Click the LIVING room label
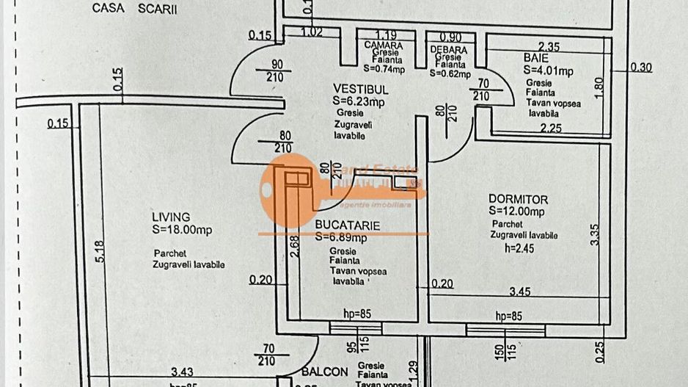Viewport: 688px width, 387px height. click(x=171, y=217)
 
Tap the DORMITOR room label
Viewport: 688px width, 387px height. click(x=518, y=200)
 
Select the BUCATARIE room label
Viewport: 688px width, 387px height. click(x=348, y=226)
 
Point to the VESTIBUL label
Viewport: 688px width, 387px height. click(x=360, y=90)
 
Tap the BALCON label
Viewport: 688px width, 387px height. click(x=324, y=372)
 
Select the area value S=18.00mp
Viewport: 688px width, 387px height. click(x=182, y=230)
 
